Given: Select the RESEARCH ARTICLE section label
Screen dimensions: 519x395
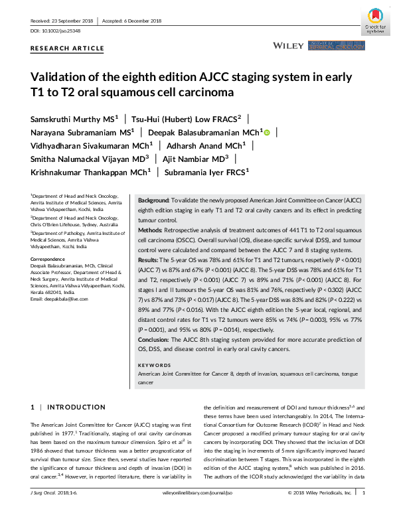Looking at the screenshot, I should point(68,48).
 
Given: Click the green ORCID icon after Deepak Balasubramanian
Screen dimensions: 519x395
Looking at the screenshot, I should point(267,132).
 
